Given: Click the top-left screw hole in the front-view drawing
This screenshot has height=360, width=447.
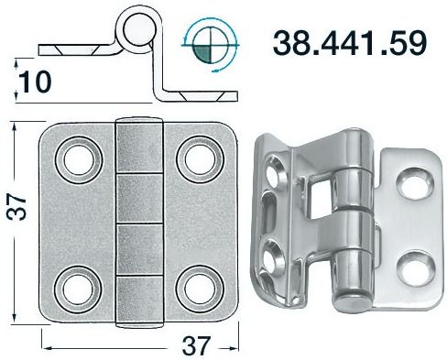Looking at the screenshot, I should coord(72,158).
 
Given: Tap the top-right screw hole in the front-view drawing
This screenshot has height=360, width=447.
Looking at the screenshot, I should coord(196,158).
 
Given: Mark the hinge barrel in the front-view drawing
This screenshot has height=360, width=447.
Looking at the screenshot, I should coord(135,220).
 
